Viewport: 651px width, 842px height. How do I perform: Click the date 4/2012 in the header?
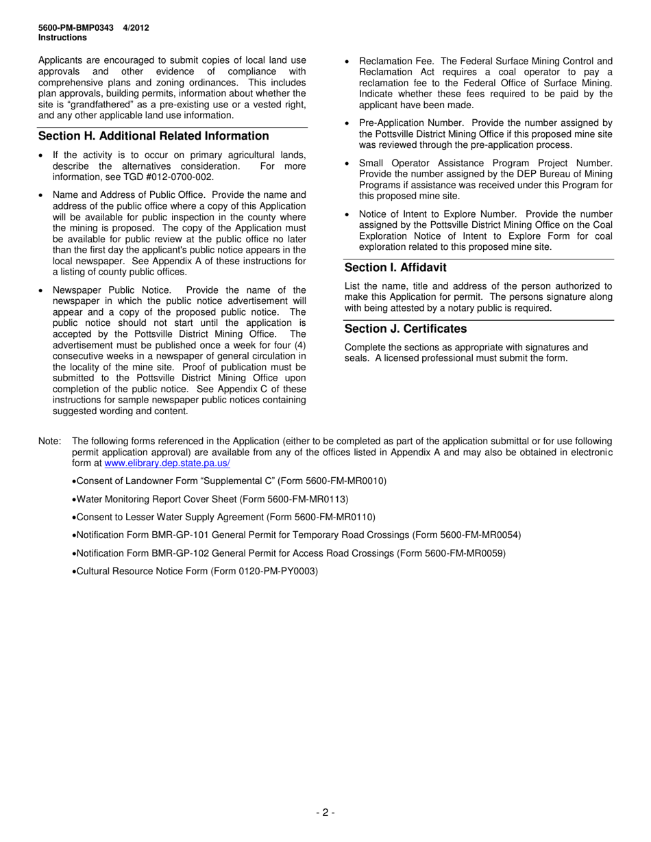click(x=136, y=28)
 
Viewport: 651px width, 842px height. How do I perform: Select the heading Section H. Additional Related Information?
click(x=153, y=136)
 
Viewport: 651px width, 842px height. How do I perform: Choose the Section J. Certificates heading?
click(x=406, y=329)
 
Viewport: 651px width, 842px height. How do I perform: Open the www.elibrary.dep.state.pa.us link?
click(x=167, y=463)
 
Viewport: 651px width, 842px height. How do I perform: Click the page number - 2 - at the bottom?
click(x=325, y=813)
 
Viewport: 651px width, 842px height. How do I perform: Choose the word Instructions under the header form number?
click(x=62, y=38)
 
